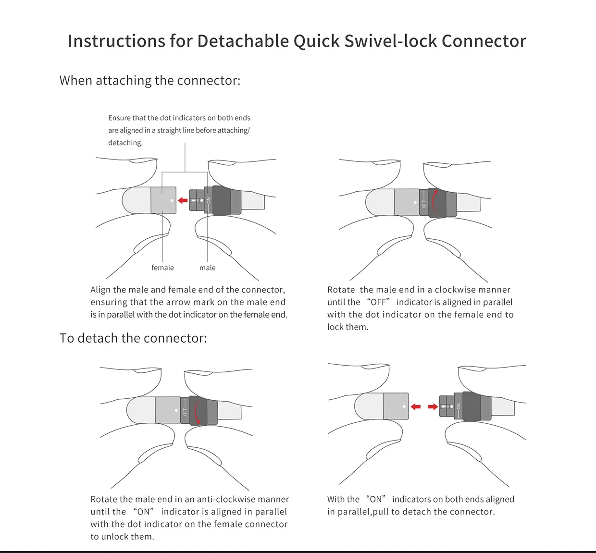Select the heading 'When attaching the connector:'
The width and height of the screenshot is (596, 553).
tap(150, 80)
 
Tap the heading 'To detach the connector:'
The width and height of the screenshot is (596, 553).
tap(133, 338)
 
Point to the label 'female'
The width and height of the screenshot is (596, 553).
tap(162, 268)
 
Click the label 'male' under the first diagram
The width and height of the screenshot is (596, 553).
tap(208, 268)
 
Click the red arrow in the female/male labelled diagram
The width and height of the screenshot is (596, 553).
tap(183, 200)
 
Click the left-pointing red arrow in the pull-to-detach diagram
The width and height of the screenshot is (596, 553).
tap(416, 406)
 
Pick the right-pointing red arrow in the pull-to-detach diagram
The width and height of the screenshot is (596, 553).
tap(433, 406)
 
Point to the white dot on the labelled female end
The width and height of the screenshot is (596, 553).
tap(172, 199)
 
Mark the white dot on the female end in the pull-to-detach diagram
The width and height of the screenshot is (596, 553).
tap(404, 406)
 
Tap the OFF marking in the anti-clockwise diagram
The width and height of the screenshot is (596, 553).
tap(185, 411)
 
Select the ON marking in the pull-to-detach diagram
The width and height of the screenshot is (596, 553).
tap(459, 406)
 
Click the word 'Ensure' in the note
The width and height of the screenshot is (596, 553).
tap(119, 118)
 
